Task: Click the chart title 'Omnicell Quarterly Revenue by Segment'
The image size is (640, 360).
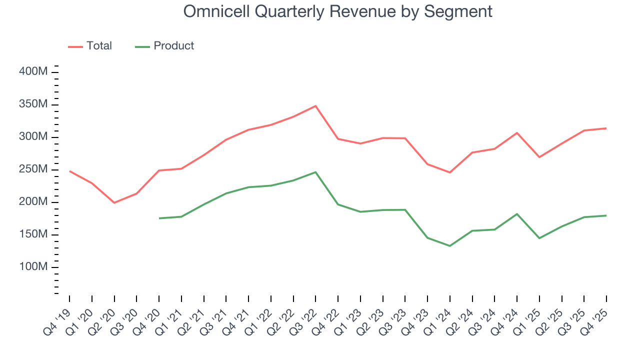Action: click(337, 11)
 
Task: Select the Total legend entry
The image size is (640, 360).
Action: click(90, 46)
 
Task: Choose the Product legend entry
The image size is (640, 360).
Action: click(165, 46)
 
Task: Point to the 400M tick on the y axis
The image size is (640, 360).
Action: click(33, 72)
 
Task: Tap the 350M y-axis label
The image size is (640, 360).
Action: click(33, 104)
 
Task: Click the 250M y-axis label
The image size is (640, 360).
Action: click(33, 169)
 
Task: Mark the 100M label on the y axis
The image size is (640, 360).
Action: click(33, 267)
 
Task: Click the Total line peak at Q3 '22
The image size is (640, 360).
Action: click(315, 106)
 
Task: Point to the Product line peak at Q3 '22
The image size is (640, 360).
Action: click(315, 172)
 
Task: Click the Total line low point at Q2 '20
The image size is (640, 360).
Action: click(114, 202)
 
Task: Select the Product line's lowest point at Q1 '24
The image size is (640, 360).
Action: click(450, 246)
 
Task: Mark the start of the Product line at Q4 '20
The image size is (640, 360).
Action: click(159, 218)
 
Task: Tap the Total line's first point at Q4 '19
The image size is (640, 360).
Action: click(69, 171)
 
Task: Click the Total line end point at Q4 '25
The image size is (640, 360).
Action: click(606, 128)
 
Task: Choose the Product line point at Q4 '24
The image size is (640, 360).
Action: click(517, 214)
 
